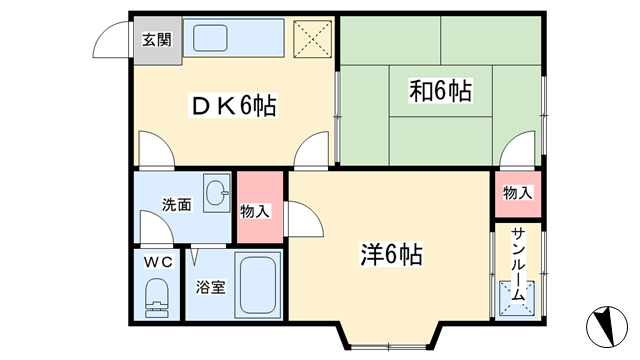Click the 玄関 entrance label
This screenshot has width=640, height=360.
[157, 40]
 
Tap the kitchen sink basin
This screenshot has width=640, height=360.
[210, 38]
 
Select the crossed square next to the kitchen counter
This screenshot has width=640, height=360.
[312, 39]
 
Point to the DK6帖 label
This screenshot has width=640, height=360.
[233, 105]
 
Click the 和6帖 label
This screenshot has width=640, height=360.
[440, 91]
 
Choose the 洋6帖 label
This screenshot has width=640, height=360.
[391, 255]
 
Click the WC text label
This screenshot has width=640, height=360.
[158, 262]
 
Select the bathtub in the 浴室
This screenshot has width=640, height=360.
[257, 284]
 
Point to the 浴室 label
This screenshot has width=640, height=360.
[210, 287]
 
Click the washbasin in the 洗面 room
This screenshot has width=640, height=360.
[217, 192]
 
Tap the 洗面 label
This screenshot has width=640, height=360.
[177, 204]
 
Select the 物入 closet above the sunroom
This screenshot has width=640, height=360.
[518, 194]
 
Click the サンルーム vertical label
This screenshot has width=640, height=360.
[518, 264]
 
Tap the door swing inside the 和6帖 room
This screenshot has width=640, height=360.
[517, 149]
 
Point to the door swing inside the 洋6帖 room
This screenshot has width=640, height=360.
[304, 219]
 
